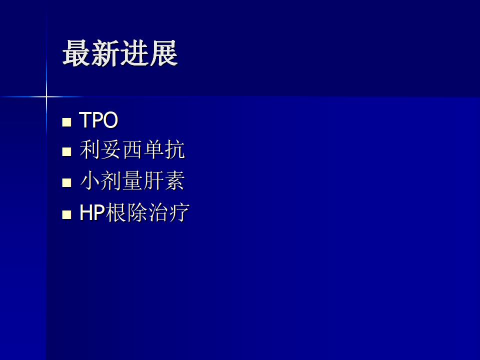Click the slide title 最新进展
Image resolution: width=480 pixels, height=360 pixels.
pyautogui.click(x=120, y=53)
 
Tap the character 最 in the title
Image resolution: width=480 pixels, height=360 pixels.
pyautogui.click(x=76, y=53)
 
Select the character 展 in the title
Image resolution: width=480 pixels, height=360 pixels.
pyautogui.click(x=164, y=53)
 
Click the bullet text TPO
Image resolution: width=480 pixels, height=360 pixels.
pyautogui.click(x=98, y=119)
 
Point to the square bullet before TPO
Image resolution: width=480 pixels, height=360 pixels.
pyautogui.click(x=66, y=122)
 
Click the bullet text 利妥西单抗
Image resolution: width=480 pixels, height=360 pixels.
pyautogui.click(x=132, y=149)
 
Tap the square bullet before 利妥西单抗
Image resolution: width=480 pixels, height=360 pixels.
pyautogui.click(x=66, y=151)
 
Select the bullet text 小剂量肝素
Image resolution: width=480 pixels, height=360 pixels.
pyautogui.click(x=132, y=180)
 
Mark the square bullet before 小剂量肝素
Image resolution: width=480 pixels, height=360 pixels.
pyautogui.click(x=66, y=183)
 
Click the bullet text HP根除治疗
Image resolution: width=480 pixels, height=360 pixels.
pyautogui.click(x=134, y=212)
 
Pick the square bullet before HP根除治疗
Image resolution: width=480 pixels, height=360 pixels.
pyautogui.click(x=66, y=214)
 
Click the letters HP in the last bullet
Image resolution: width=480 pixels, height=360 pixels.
pyautogui.click(x=92, y=212)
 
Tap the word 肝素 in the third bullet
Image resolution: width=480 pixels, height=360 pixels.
pyautogui.click(x=164, y=180)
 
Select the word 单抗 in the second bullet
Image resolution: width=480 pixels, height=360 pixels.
pyautogui.click(x=164, y=149)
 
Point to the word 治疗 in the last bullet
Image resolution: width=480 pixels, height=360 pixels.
pyautogui.click(x=168, y=212)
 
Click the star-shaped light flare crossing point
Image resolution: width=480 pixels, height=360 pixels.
pyautogui.click(x=46, y=96)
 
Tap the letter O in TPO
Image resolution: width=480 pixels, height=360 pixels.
pyautogui.click(x=110, y=119)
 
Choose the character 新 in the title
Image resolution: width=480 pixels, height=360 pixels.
pyautogui.click(x=105, y=53)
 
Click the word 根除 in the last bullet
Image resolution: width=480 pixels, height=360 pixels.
pyautogui.click(x=126, y=212)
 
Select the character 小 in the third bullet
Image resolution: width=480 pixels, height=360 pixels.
pyautogui.click(x=90, y=180)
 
